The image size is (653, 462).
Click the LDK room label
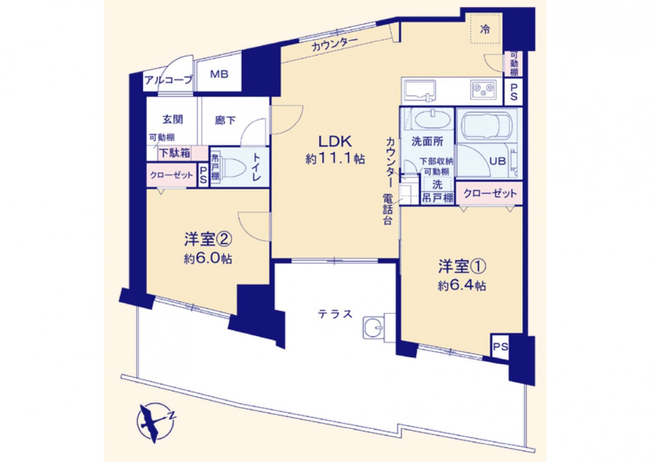coord(335,142)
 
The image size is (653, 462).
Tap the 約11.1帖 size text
coord(335,159)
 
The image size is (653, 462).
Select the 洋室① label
coord(462,267)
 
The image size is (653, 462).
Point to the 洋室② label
coord(208,240)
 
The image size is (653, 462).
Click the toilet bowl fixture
coord(231,167)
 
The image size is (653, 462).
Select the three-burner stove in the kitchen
coord(483,89)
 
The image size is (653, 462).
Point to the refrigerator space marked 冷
coord(485,29)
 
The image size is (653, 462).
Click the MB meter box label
coord(219,74)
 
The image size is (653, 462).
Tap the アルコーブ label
coord(169,80)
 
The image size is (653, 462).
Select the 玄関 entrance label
coord(173,119)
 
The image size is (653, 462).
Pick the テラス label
coord(335,314)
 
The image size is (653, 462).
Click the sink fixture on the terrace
coord(374,328)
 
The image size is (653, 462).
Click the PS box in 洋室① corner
coord(501,347)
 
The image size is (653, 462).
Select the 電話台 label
coord(387,209)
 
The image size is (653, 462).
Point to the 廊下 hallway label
coord(226,120)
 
